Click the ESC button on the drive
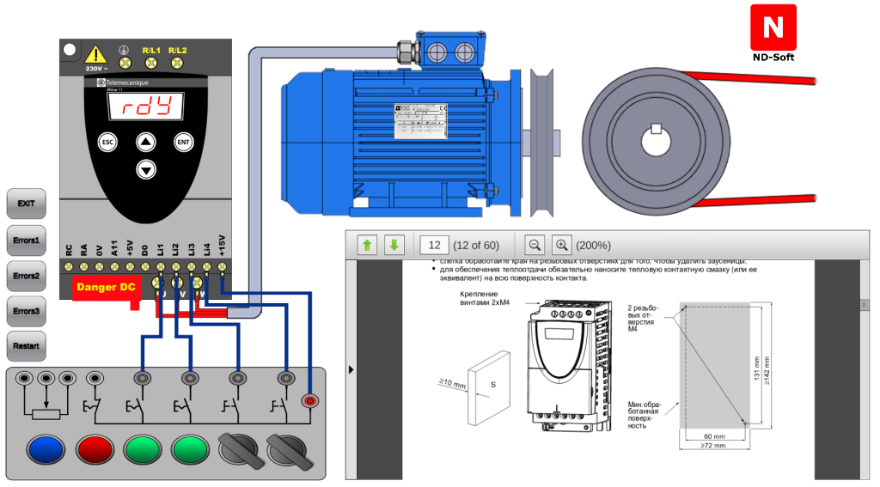[x=107, y=142]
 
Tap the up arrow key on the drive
[x=146, y=142]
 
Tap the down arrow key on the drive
[x=146, y=169]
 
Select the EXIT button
[x=26, y=204]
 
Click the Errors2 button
[x=26, y=276]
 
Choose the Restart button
[x=26, y=346]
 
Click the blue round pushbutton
[x=46, y=448]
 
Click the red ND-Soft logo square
[x=773, y=27]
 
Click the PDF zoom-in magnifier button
[x=561, y=245]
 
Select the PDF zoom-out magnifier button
[x=534, y=245]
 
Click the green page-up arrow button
[x=367, y=245]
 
